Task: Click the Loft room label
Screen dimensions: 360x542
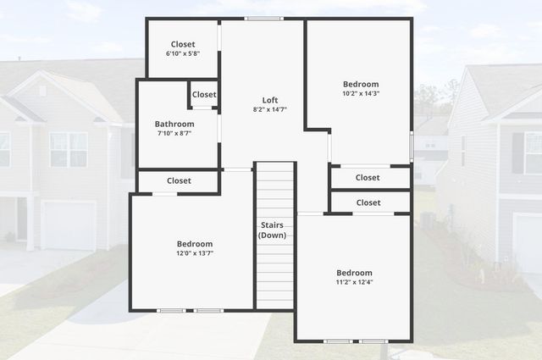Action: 270,100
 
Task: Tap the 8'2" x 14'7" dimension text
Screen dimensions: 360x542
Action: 270,110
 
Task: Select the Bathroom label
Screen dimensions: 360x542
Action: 174,124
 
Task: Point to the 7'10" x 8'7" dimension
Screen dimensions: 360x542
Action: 174,134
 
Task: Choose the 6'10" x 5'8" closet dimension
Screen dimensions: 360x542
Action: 183,54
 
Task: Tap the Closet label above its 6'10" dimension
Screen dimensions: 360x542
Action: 183,44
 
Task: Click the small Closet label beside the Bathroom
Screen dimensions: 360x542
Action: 204,95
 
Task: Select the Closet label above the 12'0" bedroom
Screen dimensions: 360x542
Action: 179,180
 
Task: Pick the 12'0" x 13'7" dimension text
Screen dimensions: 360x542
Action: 195,253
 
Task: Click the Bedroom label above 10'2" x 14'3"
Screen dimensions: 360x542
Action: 361,84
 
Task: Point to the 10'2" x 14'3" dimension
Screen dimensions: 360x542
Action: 361,94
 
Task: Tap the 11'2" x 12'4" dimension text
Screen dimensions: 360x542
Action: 354,283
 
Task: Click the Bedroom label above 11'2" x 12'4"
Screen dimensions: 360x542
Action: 354,273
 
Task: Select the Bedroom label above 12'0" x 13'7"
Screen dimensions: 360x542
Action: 195,244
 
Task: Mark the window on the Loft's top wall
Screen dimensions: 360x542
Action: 263,18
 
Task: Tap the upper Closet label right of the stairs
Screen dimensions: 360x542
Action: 368,178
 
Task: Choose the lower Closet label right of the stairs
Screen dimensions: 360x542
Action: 368,203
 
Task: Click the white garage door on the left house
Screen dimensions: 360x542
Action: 68,225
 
